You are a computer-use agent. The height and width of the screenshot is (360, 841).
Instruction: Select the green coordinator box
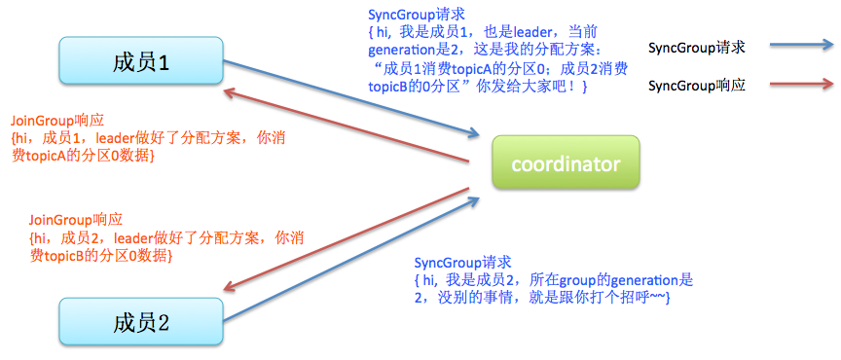point(565,163)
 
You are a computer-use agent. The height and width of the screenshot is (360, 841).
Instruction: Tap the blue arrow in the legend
point(800,46)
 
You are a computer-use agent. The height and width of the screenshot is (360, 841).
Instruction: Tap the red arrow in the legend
point(800,86)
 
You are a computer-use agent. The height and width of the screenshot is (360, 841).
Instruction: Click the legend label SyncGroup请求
point(696,47)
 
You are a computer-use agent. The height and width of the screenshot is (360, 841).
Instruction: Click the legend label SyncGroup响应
point(696,87)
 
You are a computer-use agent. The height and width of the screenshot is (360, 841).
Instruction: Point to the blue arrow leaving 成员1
point(350,98)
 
